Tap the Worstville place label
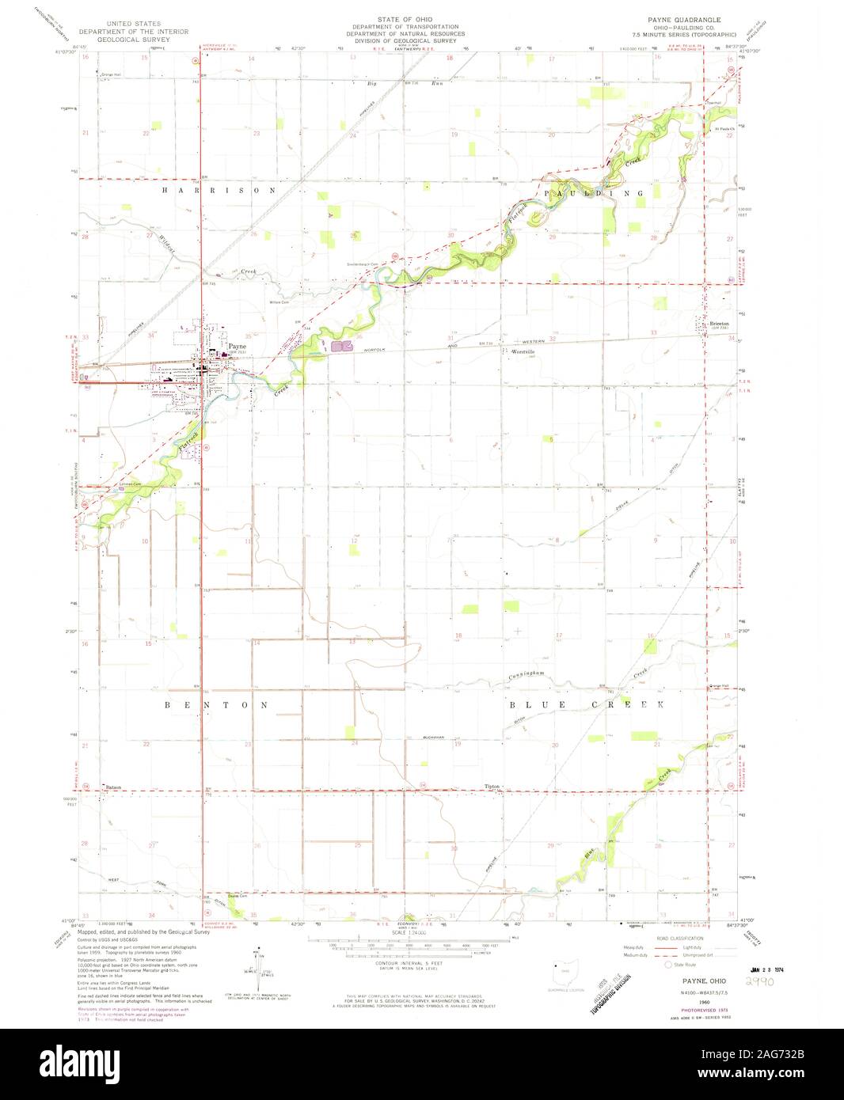[x=523, y=351]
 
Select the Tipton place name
[x=492, y=787]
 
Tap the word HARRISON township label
[x=219, y=191]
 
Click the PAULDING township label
[x=593, y=193]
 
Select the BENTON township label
[x=219, y=704]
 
